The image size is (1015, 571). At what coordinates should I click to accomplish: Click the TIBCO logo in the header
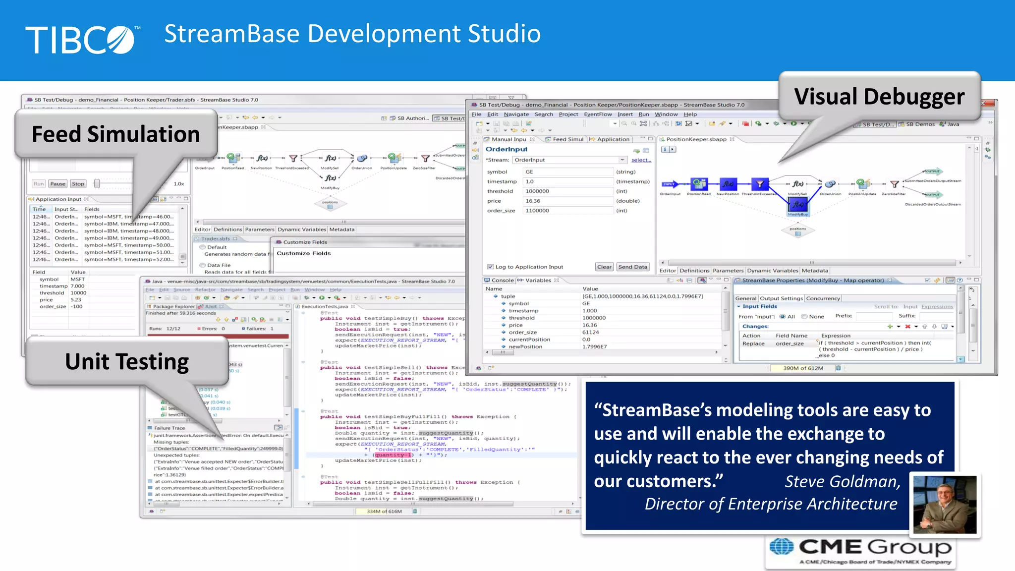(82, 40)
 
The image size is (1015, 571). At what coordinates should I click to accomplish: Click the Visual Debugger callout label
(879, 97)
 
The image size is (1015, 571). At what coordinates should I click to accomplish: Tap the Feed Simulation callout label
(116, 134)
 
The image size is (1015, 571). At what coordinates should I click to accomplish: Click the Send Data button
(633, 267)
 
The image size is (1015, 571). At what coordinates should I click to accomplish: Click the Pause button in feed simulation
(57, 184)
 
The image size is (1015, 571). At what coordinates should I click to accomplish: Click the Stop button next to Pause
(78, 184)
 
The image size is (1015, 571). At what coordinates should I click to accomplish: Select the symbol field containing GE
(568, 172)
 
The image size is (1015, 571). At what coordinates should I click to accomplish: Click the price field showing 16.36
(568, 201)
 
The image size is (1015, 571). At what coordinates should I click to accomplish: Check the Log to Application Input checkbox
(490, 267)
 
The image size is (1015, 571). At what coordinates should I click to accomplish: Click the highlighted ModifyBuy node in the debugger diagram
(798, 204)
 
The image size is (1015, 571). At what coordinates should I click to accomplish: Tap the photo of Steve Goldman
(945, 504)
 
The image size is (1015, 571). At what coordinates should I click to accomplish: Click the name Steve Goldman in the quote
(842, 481)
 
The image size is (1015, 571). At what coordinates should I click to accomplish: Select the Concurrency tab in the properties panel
(823, 298)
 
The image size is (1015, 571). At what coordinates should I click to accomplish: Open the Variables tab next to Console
(538, 281)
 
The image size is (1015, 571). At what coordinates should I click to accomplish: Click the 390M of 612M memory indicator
(803, 368)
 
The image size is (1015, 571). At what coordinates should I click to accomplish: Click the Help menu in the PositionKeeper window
(690, 114)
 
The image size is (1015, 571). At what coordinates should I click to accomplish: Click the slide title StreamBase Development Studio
(352, 34)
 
